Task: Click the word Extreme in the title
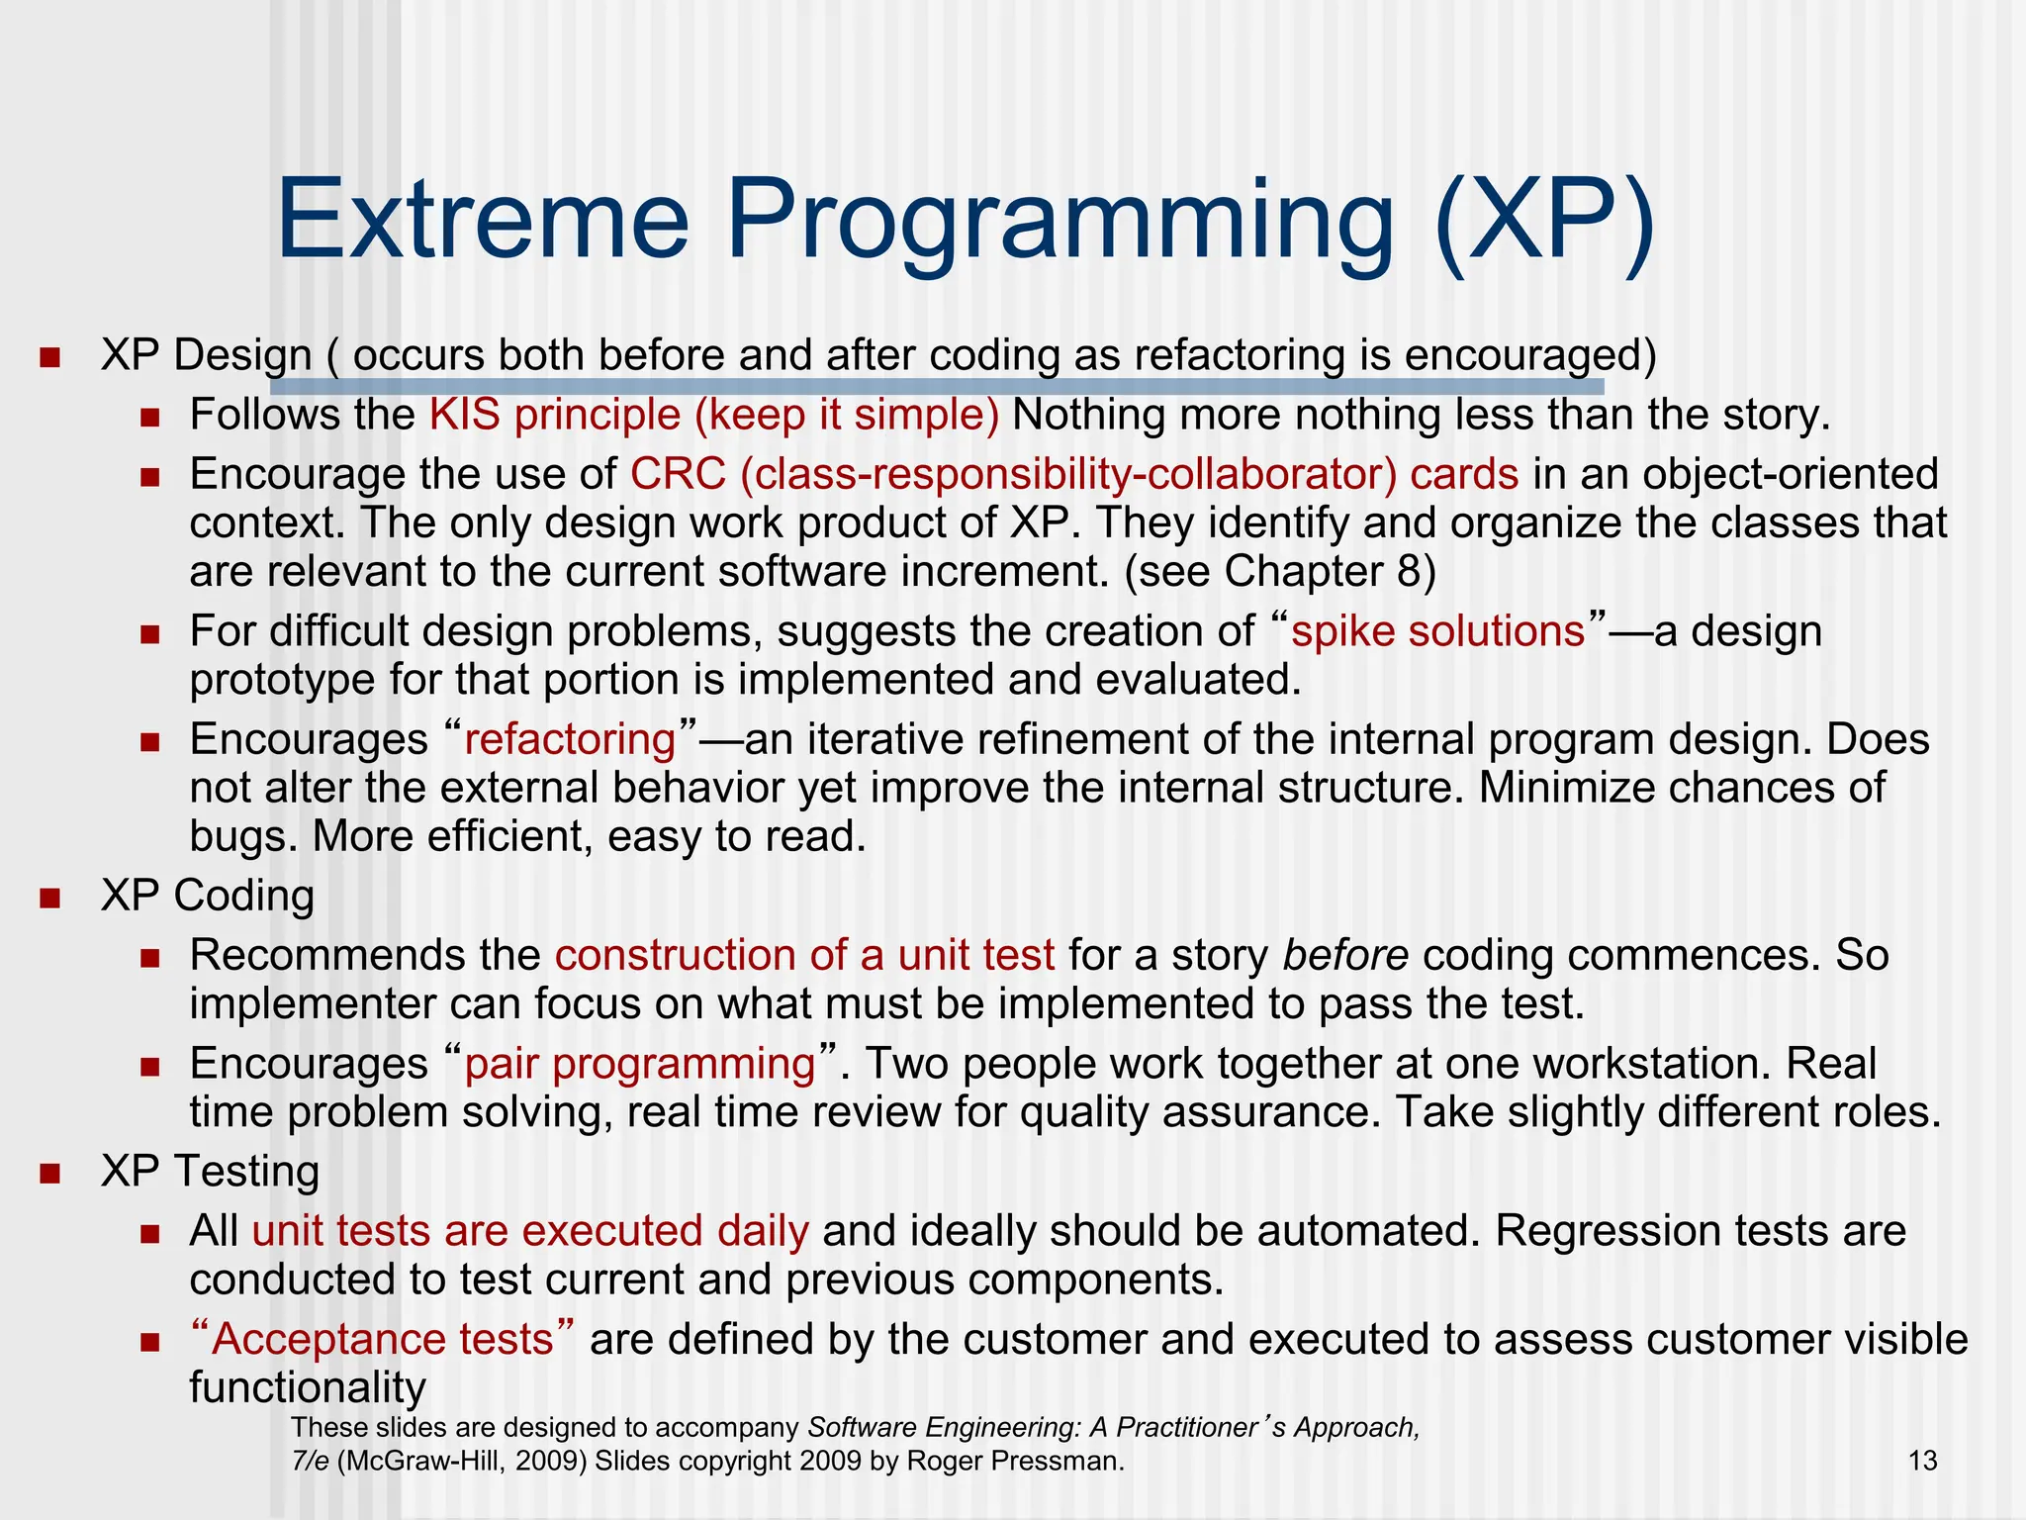[482, 220]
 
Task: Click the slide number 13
[1922, 1461]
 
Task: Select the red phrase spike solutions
[1437, 631]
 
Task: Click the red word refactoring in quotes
[570, 740]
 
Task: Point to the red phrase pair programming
[640, 1065]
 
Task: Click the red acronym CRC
[678, 474]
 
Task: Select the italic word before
[1345, 956]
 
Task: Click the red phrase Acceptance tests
[382, 1339]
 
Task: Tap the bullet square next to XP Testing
[49, 1174]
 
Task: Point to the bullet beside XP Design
[49, 357]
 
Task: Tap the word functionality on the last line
[307, 1387]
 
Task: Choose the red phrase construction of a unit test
[804, 956]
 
